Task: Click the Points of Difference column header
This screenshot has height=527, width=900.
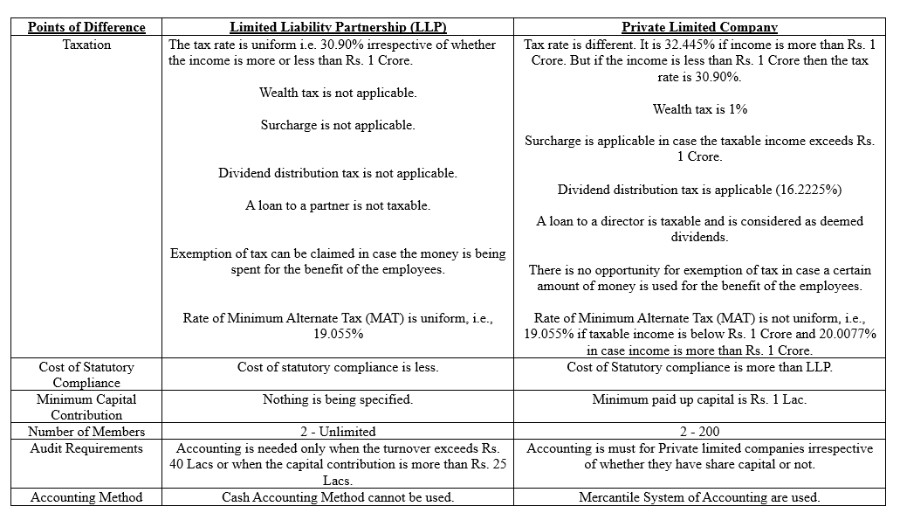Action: pyautogui.click(x=86, y=27)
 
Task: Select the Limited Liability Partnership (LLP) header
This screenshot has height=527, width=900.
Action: pyautogui.click(x=338, y=27)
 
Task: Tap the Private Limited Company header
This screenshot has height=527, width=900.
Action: pyautogui.click(x=699, y=27)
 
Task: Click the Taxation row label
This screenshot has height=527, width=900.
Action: pyautogui.click(x=86, y=45)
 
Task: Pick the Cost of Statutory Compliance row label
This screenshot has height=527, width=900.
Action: pyautogui.click(x=86, y=375)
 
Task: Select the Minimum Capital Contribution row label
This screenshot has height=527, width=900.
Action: pyautogui.click(x=86, y=407)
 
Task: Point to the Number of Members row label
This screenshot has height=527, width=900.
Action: pyautogui.click(x=86, y=432)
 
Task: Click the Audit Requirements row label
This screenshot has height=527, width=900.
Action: pyautogui.click(x=86, y=448)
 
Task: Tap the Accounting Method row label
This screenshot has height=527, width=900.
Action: pyautogui.click(x=86, y=497)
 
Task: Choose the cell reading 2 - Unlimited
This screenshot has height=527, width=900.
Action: pyautogui.click(x=337, y=432)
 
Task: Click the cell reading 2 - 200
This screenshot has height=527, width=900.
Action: pyautogui.click(x=699, y=432)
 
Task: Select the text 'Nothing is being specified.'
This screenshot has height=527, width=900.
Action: pyautogui.click(x=337, y=399)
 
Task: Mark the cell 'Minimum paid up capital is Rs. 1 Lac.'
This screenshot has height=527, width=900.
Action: pyautogui.click(x=699, y=399)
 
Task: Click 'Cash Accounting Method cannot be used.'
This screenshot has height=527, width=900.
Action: pyautogui.click(x=337, y=497)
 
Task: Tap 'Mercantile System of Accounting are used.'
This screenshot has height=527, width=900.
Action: pyautogui.click(x=699, y=497)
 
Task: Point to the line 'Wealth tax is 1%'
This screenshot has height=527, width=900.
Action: pyautogui.click(x=699, y=109)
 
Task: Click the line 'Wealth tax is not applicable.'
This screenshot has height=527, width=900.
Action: pyautogui.click(x=337, y=93)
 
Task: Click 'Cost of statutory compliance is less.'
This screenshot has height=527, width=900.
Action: pyautogui.click(x=337, y=367)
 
